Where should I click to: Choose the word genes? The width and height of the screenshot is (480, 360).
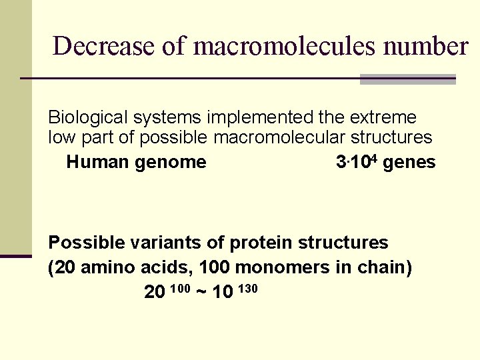409,162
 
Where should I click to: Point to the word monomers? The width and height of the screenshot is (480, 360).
282,267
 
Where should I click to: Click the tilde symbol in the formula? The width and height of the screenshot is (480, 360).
201,292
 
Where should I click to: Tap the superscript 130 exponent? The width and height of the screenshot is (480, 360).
246,288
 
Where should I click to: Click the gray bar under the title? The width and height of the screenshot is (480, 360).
407,79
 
